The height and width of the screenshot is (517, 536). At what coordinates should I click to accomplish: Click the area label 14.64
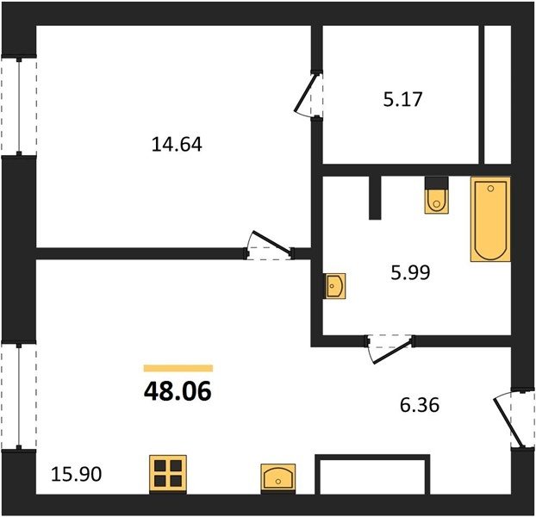pos(177,144)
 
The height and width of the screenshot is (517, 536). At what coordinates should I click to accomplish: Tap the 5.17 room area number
pos(402,99)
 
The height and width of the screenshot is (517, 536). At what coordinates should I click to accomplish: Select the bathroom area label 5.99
pos(410,272)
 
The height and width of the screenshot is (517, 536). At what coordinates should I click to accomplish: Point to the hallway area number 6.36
pos(420,405)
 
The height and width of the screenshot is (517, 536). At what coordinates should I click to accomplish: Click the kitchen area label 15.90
pos(76,474)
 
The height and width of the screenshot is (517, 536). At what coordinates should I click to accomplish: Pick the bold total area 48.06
pos(178,391)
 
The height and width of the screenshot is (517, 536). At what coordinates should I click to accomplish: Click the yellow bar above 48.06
pos(178,368)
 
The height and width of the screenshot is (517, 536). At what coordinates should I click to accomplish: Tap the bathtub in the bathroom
pos(490,219)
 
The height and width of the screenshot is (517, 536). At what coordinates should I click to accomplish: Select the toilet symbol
pos(437,196)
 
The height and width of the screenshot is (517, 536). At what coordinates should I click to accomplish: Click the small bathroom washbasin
pos(334,286)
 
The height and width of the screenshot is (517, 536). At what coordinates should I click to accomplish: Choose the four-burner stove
pos(168,474)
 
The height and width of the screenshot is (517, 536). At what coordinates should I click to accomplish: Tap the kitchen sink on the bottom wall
pos(278,478)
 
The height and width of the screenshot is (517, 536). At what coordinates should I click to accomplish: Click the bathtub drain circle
pos(491,189)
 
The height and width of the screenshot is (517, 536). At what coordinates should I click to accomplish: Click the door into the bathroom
pos(391,352)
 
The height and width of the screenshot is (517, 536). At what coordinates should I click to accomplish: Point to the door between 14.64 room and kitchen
pos(270,245)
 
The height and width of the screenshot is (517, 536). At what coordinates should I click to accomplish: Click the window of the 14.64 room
pos(19,106)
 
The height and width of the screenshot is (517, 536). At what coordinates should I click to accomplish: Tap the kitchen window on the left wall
pos(19,396)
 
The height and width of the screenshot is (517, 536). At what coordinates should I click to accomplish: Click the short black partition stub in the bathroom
pos(375,197)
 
